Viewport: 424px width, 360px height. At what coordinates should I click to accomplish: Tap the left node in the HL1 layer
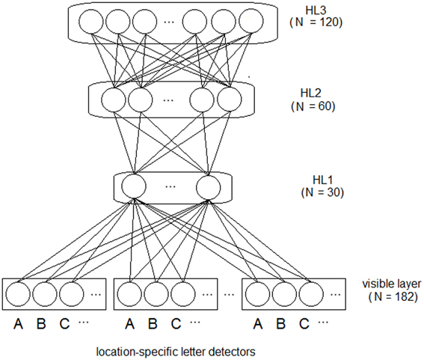click(x=133, y=186)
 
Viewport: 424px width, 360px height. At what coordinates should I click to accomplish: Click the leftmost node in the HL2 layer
click(x=111, y=99)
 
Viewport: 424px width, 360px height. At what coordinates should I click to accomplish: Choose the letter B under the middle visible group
click(x=153, y=325)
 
